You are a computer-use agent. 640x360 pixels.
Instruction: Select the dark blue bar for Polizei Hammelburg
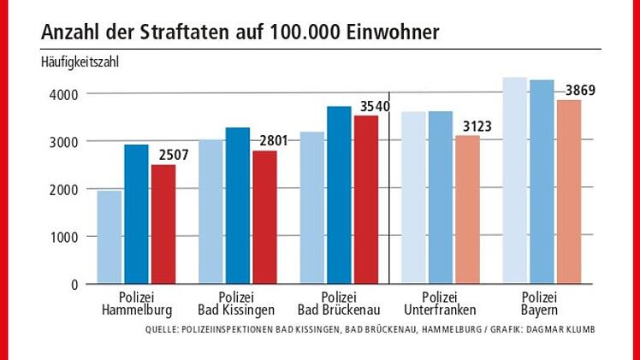136,214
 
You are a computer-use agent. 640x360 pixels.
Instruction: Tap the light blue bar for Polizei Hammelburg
109,237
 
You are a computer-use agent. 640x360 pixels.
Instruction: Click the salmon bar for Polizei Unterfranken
468,210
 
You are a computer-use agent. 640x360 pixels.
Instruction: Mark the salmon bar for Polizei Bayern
569,192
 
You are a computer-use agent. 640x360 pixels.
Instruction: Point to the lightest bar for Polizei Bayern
515,180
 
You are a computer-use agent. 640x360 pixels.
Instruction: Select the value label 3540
374,107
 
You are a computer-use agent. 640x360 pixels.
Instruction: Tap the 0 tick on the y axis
75,285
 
